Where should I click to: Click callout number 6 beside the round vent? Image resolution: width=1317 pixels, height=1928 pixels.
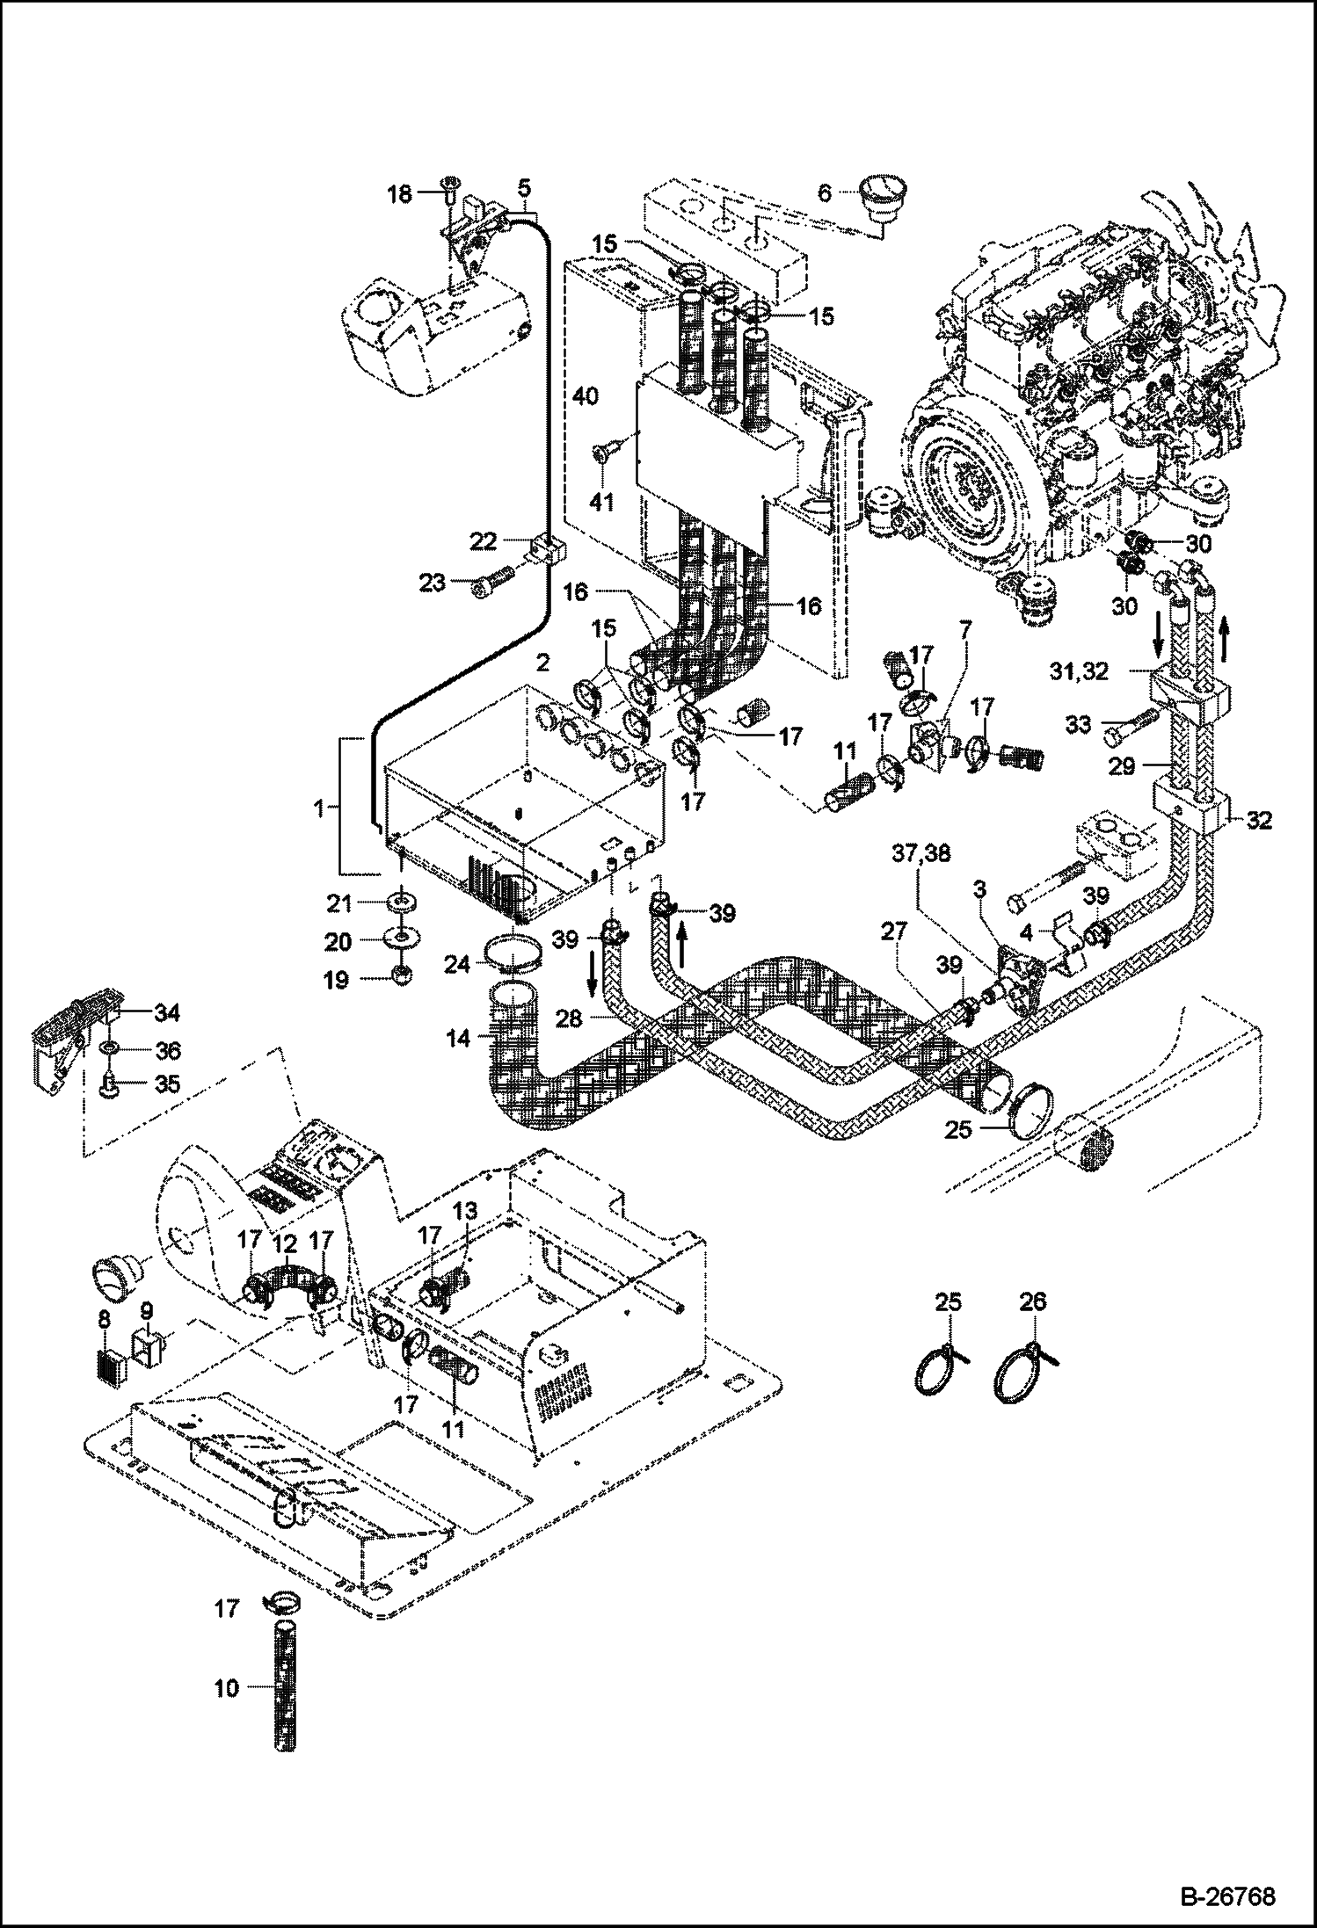pos(825,192)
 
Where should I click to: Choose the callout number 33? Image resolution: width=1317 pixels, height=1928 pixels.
pos(1079,724)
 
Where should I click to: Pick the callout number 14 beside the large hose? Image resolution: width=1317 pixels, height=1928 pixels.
pos(458,1038)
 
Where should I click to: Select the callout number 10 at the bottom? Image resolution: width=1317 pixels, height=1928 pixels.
pos(226,1687)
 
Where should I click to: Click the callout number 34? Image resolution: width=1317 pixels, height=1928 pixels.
pos(167,1014)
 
